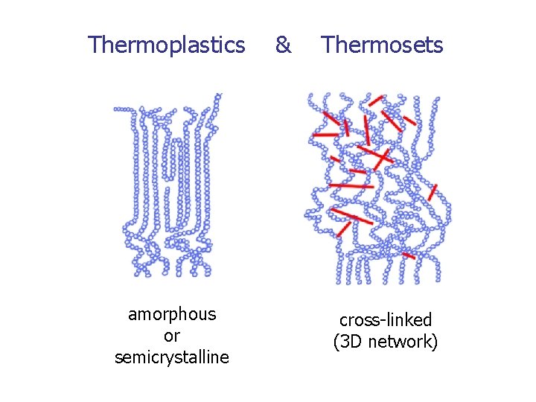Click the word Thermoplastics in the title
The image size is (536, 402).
pos(166,45)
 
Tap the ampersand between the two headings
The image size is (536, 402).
pos(283,45)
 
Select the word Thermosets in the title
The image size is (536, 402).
pos(382,45)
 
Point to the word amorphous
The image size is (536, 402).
pos(172,314)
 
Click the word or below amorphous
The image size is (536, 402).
pos(172,336)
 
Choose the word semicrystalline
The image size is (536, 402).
pos(172,357)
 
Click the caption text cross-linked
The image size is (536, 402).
pos(385,320)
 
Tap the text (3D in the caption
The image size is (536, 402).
pos(347,342)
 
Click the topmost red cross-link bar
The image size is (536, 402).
pos(376,98)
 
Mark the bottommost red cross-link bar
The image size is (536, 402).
pos(408,255)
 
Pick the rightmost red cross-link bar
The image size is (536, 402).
pos(433,192)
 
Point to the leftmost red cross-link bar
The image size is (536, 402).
pos(325,135)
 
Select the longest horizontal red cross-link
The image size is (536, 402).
pos(351,185)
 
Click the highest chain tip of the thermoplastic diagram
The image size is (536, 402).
pos(219,95)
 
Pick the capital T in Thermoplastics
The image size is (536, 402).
pos(93,45)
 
